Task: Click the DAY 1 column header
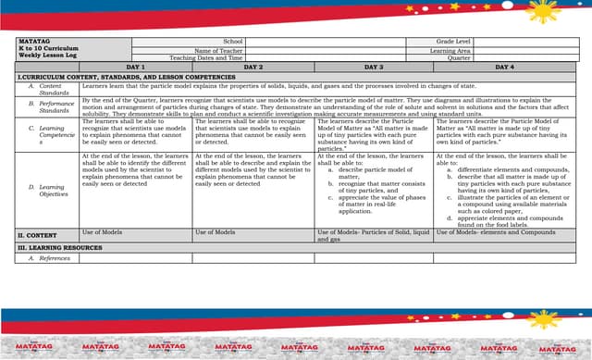(136, 68)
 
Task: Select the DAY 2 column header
(253, 68)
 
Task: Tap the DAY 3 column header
(374, 68)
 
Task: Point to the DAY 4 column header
(504, 68)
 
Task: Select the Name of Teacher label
(218, 51)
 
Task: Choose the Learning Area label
(450, 51)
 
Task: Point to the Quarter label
(459, 58)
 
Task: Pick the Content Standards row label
(51, 89)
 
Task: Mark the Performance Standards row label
(51, 106)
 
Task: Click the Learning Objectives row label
(51, 191)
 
